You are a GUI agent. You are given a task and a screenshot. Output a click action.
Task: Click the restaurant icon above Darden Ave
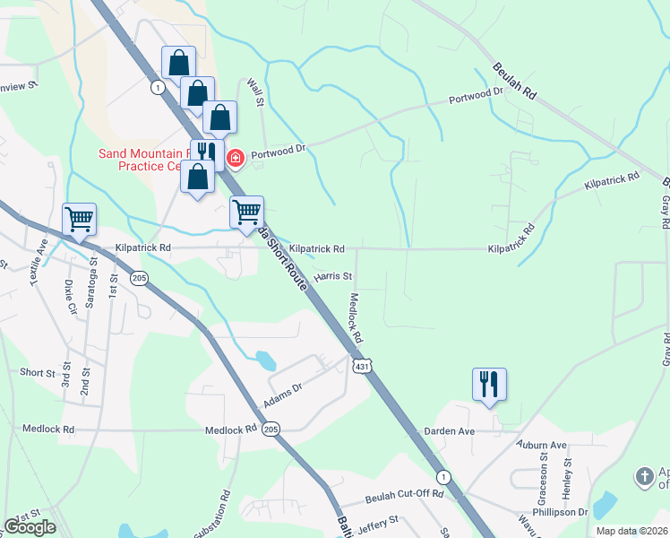point(489,385)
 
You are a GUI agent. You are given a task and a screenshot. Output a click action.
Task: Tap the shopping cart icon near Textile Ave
point(79,218)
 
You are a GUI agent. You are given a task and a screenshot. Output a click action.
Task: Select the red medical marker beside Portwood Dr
point(236,159)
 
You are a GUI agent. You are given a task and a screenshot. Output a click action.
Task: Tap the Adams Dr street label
point(284,395)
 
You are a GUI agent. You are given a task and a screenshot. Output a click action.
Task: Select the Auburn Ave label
point(541,445)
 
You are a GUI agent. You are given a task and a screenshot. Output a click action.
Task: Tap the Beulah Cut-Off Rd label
point(404,494)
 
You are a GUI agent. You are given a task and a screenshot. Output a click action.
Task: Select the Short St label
point(38,372)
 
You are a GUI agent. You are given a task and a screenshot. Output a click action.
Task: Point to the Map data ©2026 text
point(631,531)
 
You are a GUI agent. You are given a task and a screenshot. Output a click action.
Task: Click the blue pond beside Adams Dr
point(265,360)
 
